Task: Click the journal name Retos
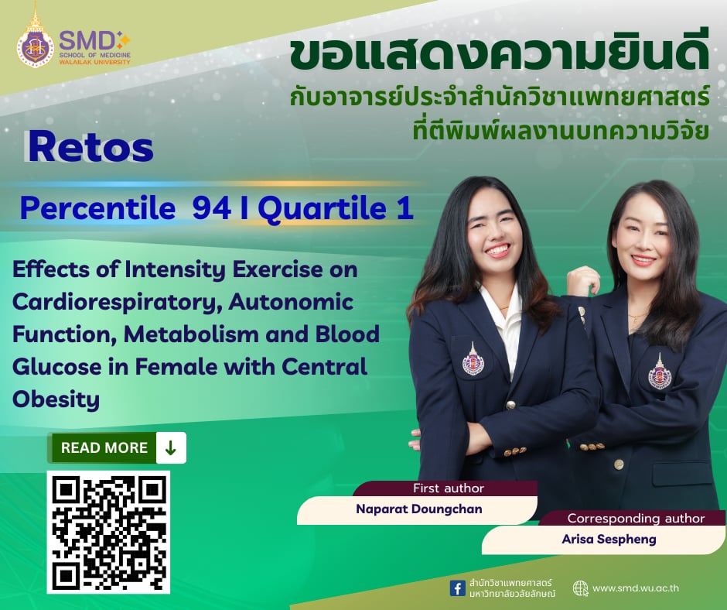tap(89, 148)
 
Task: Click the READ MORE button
tap(104, 447)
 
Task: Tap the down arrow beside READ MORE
tap(170, 447)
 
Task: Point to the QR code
tap(108, 532)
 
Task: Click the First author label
tap(449, 488)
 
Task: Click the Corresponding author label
tap(636, 518)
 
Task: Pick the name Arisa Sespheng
tap(609, 539)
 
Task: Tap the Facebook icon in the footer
tap(458, 588)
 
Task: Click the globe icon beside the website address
tap(580, 588)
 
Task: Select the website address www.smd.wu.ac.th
tap(636, 588)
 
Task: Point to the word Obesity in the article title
tap(56, 399)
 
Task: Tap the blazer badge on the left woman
tap(473, 361)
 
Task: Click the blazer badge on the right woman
tap(659, 374)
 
